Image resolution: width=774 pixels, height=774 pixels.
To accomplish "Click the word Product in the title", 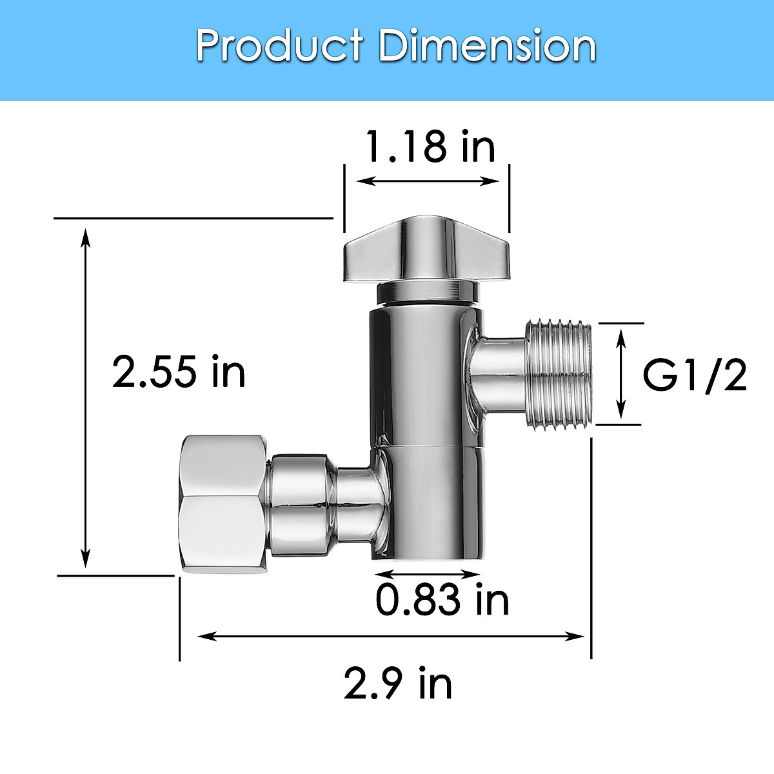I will click(x=279, y=46).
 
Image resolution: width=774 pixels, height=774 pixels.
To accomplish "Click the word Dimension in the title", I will click(x=488, y=46).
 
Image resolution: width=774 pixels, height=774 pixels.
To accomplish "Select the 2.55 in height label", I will click(x=179, y=372).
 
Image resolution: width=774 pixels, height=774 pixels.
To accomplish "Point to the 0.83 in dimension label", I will click(x=442, y=600).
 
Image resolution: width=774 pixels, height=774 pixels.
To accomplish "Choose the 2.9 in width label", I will click(x=397, y=684).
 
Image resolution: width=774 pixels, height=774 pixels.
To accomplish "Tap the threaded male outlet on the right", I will click(x=559, y=374).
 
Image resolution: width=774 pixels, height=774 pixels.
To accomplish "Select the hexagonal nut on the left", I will click(x=223, y=504).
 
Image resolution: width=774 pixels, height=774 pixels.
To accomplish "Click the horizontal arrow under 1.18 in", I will click(x=428, y=181).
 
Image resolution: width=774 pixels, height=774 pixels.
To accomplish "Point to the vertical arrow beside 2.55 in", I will click(x=84, y=397).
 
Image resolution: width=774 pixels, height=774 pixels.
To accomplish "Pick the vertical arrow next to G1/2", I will click(x=620, y=373).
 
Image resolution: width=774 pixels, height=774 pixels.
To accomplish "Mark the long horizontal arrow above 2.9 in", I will click(x=391, y=637).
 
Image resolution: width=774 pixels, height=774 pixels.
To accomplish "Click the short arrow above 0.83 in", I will click(x=428, y=573).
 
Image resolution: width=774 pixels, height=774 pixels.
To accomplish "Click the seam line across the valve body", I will click(x=429, y=446).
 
